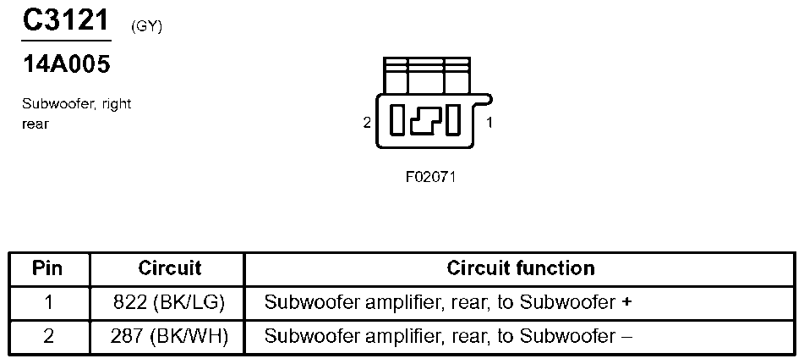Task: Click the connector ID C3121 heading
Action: (x=66, y=20)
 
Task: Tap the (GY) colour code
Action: (x=146, y=27)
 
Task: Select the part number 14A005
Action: (x=66, y=64)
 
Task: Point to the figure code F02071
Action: (x=430, y=177)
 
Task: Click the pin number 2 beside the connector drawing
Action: (x=367, y=124)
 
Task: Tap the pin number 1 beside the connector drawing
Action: (x=490, y=124)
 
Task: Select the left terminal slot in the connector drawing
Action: (x=397, y=119)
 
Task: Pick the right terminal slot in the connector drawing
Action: (x=452, y=119)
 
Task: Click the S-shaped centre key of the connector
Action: (x=425, y=120)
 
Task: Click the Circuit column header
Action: (x=170, y=268)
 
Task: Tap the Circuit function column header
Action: (x=521, y=268)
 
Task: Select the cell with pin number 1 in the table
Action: (x=49, y=302)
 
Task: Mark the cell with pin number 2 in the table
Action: (x=49, y=336)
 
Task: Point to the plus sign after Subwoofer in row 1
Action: (x=626, y=303)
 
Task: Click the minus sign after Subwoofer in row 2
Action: (x=626, y=337)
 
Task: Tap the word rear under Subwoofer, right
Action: (x=35, y=124)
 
